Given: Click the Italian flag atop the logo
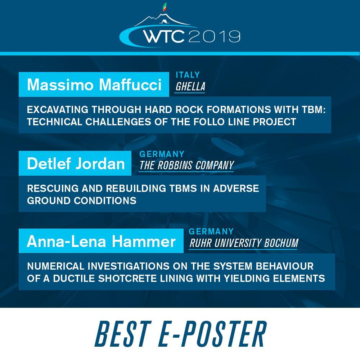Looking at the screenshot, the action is pyautogui.click(x=165, y=7).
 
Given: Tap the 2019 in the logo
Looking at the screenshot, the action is pyautogui.click(x=215, y=36).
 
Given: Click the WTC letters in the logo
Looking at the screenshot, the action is pyautogui.click(x=164, y=36).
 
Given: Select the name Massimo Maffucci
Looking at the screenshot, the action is pyautogui.click(x=94, y=85).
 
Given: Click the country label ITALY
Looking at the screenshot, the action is pyautogui.click(x=188, y=75).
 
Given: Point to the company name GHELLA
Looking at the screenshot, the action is pyautogui.click(x=190, y=86).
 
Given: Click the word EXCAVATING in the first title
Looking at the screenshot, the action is pyautogui.click(x=58, y=109).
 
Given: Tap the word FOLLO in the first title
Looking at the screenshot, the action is pyautogui.click(x=209, y=122).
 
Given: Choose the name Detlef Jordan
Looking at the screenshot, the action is pyautogui.click(x=76, y=163).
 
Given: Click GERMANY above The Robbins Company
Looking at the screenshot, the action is pyautogui.click(x=162, y=154).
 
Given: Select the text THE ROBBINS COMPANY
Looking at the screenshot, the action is pyautogui.click(x=186, y=165).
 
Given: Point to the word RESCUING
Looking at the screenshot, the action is pyautogui.click(x=53, y=188).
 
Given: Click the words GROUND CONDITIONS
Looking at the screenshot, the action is pyautogui.click(x=82, y=201).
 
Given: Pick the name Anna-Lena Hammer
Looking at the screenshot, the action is pyautogui.click(x=101, y=241).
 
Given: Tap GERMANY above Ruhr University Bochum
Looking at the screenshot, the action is pyautogui.click(x=211, y=231).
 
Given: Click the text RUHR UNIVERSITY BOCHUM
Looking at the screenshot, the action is pyautogui.click(x=244, y=243).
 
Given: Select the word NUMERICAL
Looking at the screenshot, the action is pyautogui.click(x=56, y=266).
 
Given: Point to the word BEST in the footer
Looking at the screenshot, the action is pyautogui.click(x=123, y=334).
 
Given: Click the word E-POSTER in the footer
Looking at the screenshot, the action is pyautogui.click(x=212, y=334).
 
